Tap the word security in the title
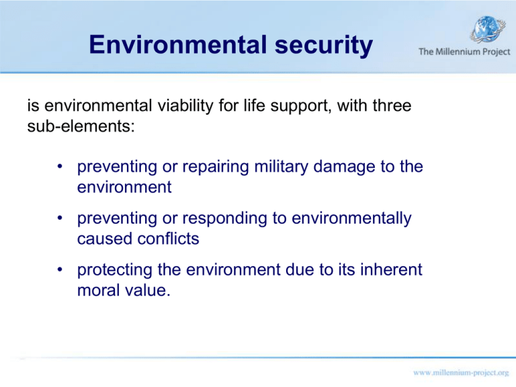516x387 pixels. [322, 45]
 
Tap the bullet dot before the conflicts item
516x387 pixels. [60, 218]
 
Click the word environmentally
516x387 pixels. [347, 218]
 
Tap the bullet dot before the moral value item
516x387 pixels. [60, 271]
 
